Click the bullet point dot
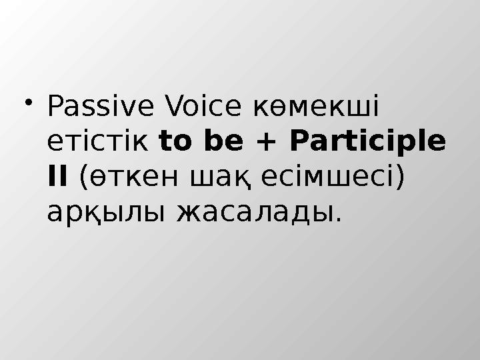click(x=29, y=101)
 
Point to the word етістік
click(x=99, y=142)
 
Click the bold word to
click(x=175, y=142)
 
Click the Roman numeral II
click(x=57, y=177)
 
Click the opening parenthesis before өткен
click(x=83, y=178)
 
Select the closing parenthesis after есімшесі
click(x=400, y=178)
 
